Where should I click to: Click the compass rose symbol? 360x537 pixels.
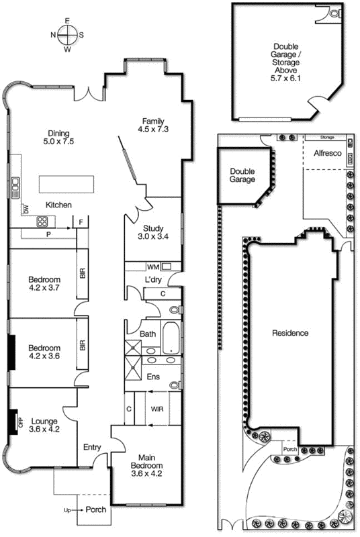(x=67, y=34)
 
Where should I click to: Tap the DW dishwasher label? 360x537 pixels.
(x=26, y=210)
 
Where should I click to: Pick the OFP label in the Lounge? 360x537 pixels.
(x=20, y=422)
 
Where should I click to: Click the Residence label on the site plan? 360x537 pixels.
(x=289, y=333)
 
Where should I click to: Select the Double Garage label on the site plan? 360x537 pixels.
(x=242, y=175)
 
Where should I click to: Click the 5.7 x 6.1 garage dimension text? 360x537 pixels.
(x=285, y=78)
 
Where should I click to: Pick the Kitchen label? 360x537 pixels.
(x=58, y=205)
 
